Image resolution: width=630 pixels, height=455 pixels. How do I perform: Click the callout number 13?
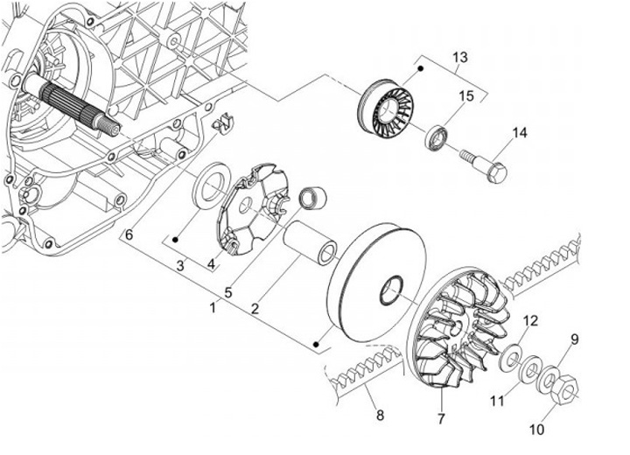(460, 57)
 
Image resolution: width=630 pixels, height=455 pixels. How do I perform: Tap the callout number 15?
(466, 95)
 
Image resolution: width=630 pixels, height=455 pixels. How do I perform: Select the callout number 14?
(520, 133)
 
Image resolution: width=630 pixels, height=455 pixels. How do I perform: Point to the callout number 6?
(129, 234)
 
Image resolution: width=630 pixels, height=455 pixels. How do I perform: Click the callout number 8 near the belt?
(380, 415)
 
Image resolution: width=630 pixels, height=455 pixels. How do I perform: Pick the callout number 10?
(536, 430)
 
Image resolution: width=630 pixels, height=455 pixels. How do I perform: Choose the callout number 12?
(530, 310)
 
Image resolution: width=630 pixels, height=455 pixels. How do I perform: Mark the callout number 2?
(255, 309)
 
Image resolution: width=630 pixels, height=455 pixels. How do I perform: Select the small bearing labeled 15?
(437, 138)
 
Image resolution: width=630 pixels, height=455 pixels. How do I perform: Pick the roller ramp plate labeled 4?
(252, 209)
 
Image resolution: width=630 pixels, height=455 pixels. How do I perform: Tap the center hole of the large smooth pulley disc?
(391, 290)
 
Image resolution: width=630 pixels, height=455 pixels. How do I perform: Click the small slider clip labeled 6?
(223, 122)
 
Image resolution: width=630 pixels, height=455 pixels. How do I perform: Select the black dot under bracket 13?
(421, 69)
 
